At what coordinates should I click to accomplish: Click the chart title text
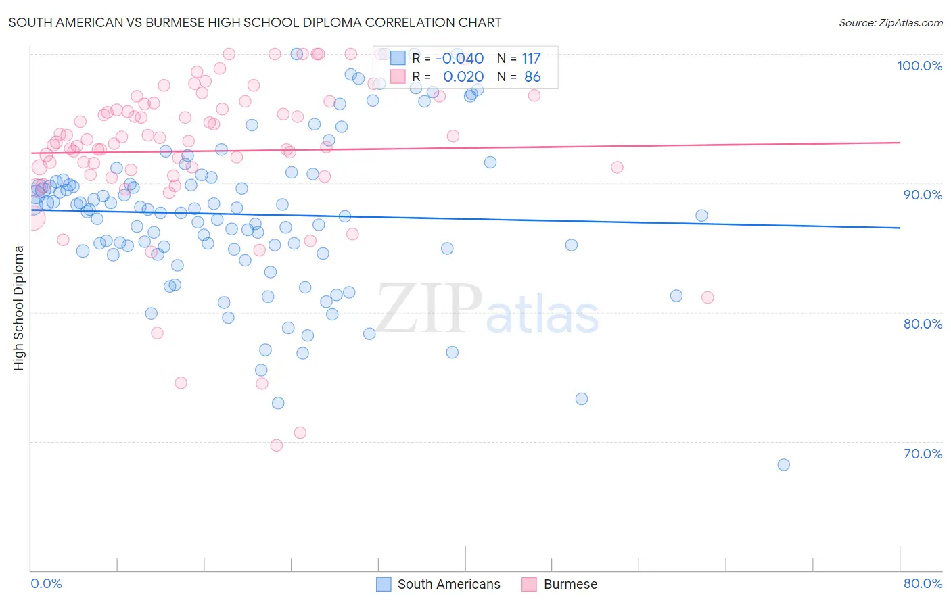(255, 22)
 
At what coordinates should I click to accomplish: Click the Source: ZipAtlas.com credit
(890, 22)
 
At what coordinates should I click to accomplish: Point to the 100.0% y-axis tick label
(919, 66)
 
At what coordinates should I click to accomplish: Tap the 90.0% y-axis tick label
(923, 195)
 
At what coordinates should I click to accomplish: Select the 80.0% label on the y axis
(923, 324)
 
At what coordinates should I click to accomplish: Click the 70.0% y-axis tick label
(923, 454)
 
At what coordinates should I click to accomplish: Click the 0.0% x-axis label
(46, 583)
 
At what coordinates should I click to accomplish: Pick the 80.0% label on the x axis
(923, 583)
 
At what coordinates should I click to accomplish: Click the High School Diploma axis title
(18, 308)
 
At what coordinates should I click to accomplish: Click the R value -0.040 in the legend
(459, 59)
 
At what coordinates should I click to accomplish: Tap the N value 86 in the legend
(532, 77)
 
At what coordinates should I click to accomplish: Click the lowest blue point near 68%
(783, 464)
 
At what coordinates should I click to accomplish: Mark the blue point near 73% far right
(582, 399)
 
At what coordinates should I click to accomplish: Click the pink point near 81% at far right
(708, 297)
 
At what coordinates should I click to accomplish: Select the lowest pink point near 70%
(276, 445)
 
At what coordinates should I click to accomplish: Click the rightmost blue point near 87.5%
(701, 216)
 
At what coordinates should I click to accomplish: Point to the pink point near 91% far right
(617, 168)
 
